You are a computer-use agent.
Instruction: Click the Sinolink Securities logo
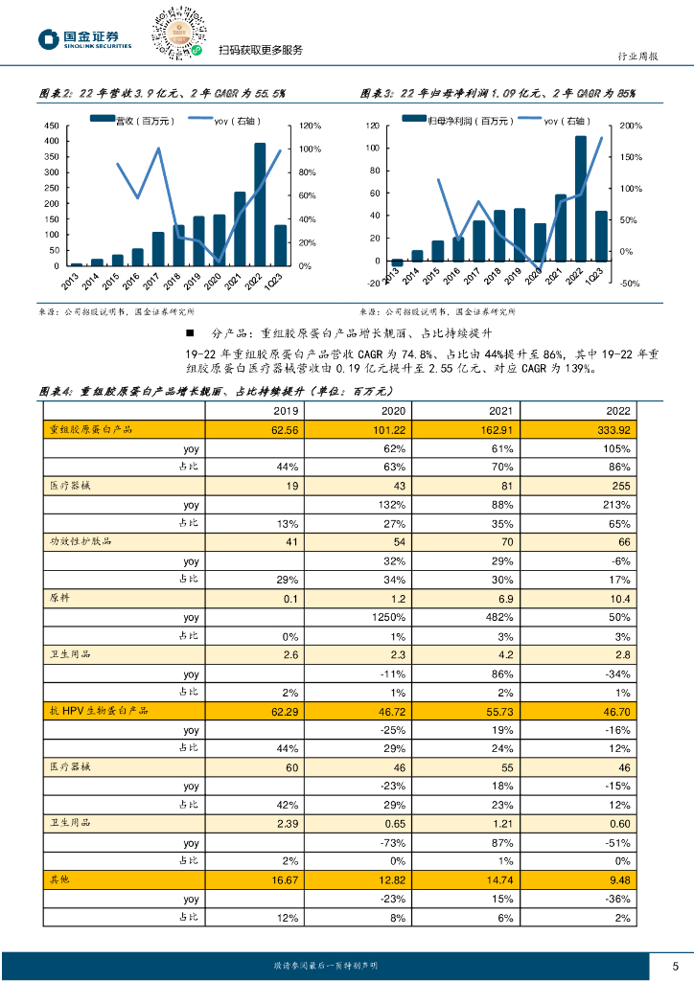83,39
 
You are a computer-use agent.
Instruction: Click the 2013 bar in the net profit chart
397,262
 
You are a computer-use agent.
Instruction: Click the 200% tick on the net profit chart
631,125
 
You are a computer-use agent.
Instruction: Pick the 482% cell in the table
478,618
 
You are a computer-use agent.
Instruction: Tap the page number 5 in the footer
676,965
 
